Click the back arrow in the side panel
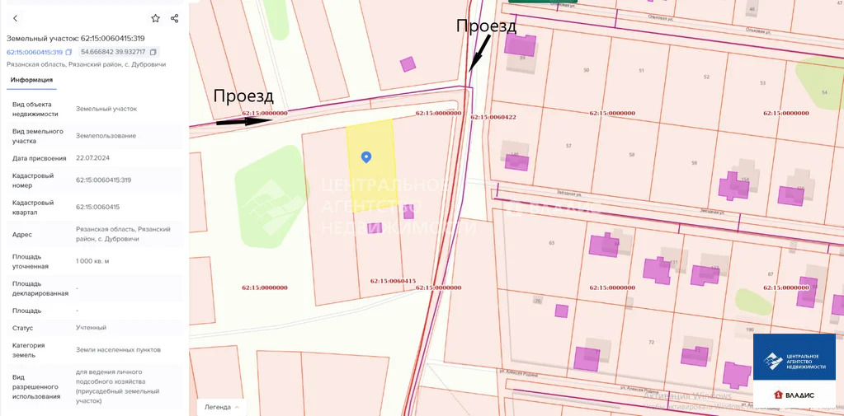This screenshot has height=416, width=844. pos(15,18)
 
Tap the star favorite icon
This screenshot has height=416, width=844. pos(155,18)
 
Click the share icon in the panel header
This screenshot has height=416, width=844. pos(174,18)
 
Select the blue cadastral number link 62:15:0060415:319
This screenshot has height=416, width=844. pos(35,52)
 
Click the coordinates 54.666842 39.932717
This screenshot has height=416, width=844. pos(112,52)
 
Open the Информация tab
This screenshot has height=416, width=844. pos(31,80)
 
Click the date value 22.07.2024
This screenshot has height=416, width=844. pos(92,158)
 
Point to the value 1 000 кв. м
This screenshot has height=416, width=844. pos(92,260)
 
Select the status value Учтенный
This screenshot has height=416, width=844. pos(91,328)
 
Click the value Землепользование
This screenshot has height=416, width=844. pos(106,136)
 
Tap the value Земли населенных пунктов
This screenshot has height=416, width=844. pos(118,350)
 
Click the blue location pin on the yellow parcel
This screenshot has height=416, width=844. pos(366,157)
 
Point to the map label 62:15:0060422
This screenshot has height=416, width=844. pos(493,117)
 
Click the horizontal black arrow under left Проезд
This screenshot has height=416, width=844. pos(243,121)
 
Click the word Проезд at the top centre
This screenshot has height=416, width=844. pos(486,26)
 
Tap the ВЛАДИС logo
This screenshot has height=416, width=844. pos(794,395)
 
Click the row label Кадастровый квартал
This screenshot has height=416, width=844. pos(33,207)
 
